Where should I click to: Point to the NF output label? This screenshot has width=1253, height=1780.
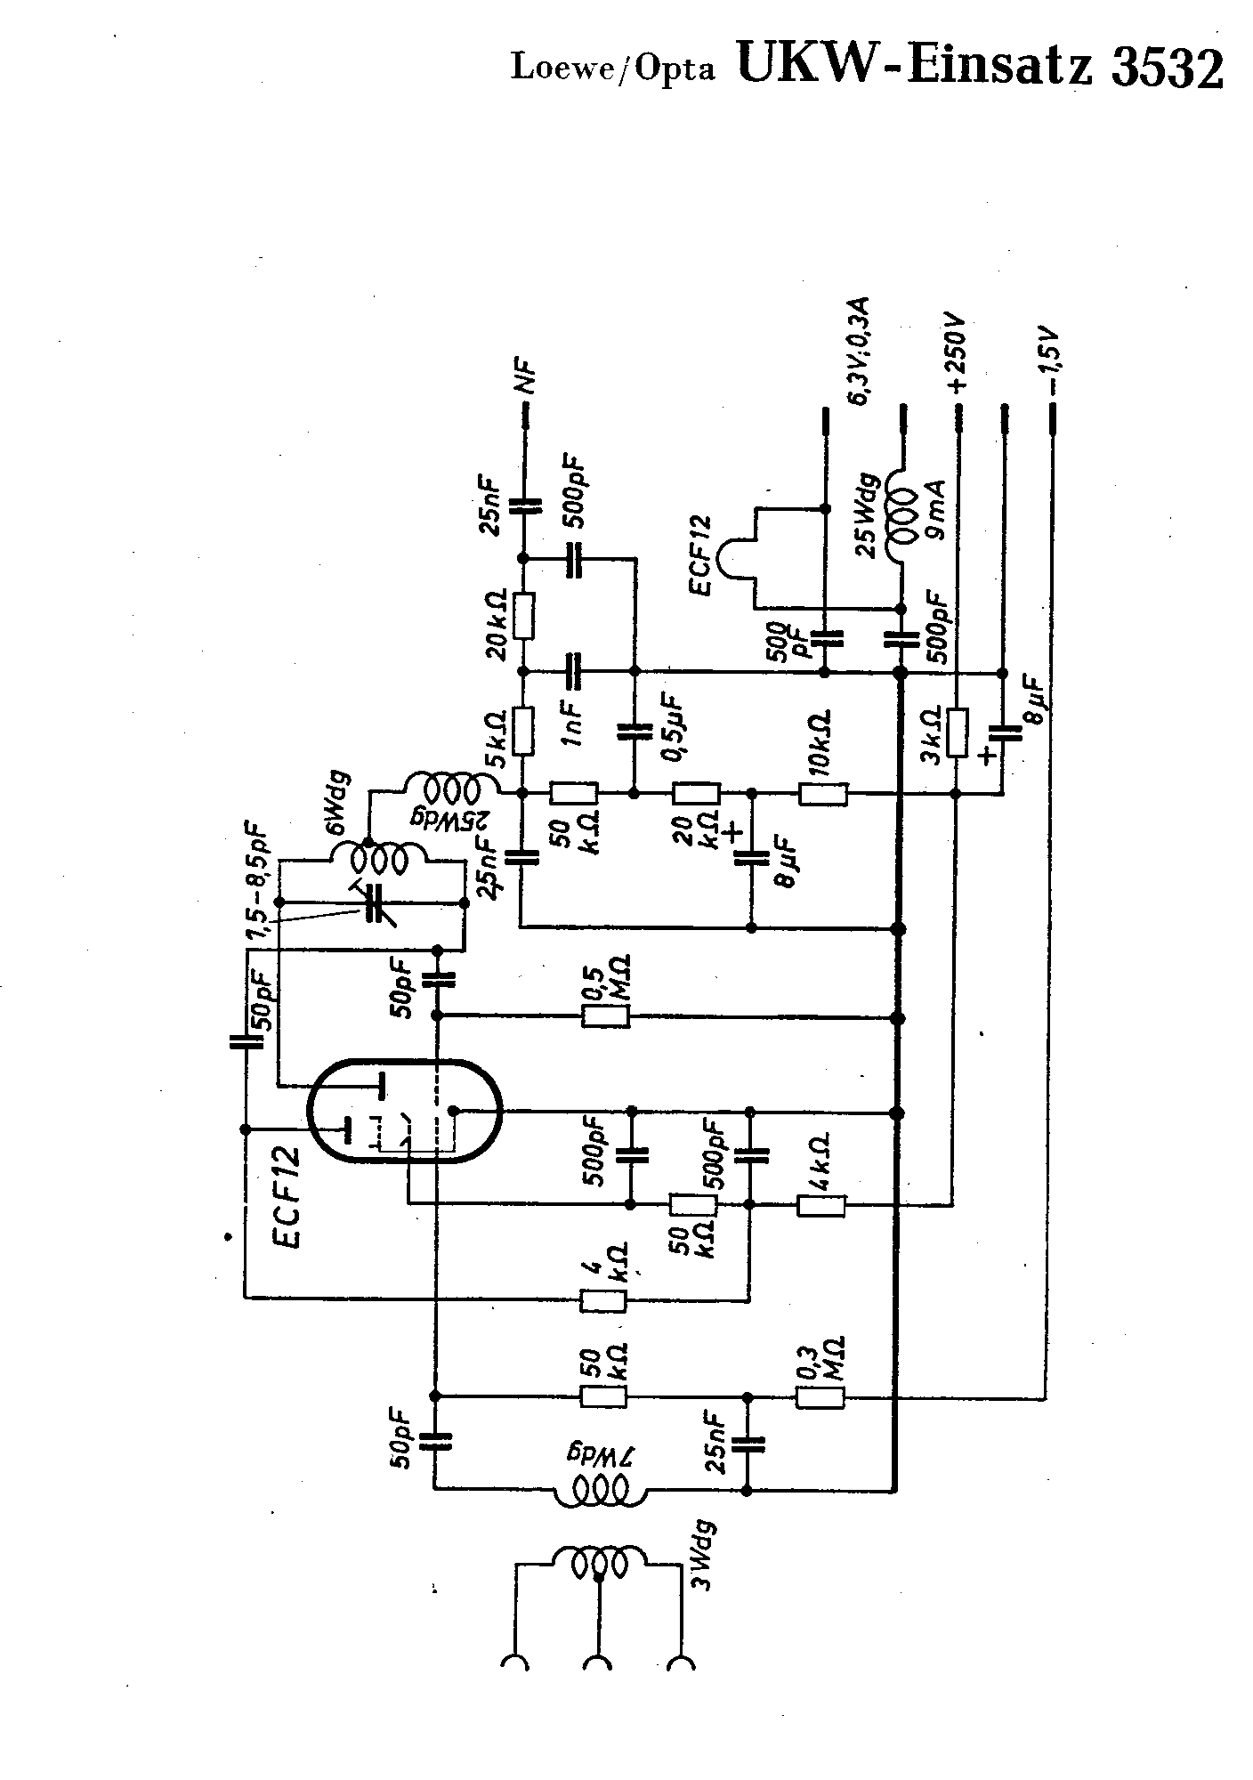click(529, 378)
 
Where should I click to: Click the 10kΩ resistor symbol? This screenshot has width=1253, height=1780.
click(823, 794)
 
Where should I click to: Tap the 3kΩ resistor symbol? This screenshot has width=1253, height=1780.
click(957, 732)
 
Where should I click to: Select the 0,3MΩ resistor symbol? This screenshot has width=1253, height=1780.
click(820, 1396)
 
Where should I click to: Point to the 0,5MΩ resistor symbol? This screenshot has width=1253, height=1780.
click(605, 1015)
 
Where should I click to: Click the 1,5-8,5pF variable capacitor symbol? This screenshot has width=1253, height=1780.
click(374, 903)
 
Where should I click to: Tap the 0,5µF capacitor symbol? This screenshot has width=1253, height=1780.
click(635, 732)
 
